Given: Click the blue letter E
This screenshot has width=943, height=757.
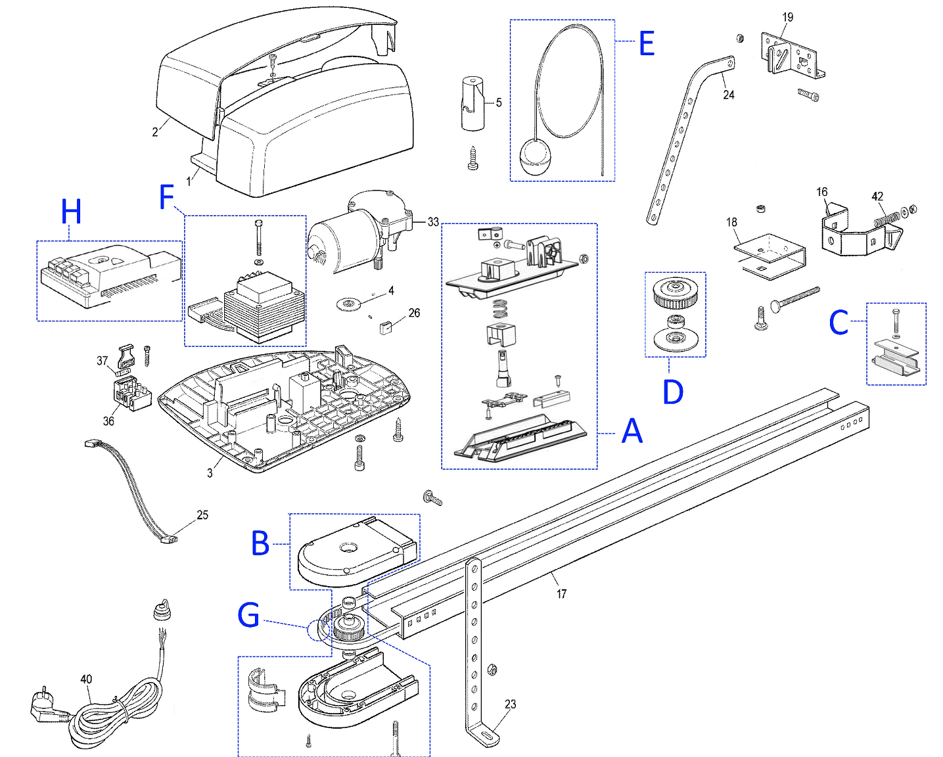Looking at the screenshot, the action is point(647,43).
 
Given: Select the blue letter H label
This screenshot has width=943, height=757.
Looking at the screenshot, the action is point(72,212).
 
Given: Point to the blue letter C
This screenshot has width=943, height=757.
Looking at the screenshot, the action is point(839,323).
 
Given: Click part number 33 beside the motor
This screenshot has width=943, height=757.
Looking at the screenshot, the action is point(433,222).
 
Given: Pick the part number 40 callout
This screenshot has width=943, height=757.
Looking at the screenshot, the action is point(86,679).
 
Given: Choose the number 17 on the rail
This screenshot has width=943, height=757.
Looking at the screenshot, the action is point(561,594).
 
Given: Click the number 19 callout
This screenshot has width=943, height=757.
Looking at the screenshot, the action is point(787,17).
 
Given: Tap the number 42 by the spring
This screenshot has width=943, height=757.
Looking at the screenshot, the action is point(877,196).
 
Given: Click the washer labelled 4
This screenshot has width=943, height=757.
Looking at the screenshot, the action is point(348,304).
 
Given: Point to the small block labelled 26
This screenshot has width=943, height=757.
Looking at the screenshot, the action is point(384,327).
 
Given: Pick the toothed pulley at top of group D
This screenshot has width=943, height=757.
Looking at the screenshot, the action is point(675,292).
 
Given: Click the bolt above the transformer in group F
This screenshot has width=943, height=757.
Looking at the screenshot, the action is point(258,238).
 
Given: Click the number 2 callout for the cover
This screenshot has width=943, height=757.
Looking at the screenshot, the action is point(154,132).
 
